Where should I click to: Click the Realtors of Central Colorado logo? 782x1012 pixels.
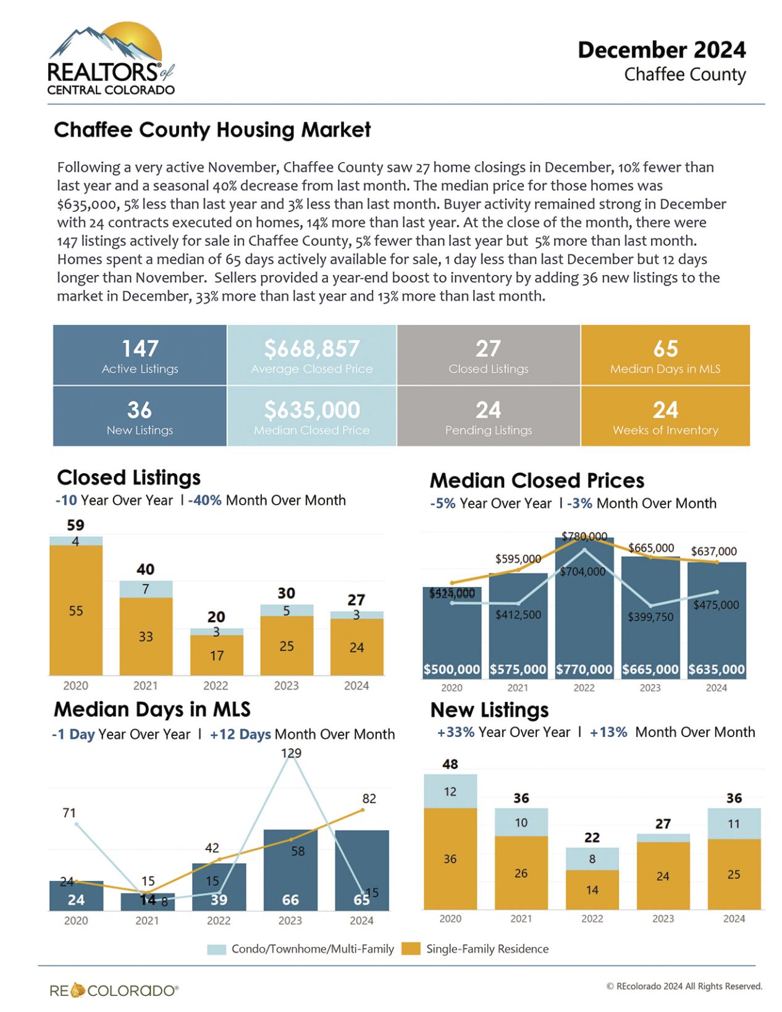[x=110, y=60]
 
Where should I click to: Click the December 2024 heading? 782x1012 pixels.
[x=661, y=50]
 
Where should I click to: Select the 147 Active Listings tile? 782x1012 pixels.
[x=140, y=355]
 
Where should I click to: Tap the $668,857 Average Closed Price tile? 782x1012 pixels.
[x=311, y=355]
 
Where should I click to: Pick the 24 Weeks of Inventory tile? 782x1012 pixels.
[x=665, y=416]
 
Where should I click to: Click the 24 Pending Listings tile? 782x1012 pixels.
[x=488, y=416]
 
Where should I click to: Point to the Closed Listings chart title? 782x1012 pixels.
[x=128, y=478]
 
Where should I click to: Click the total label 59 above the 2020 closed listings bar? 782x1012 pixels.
[x=75, y=525]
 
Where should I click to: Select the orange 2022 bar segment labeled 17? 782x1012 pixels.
[x=216, y=656]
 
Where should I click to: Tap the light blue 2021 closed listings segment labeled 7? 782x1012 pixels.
[x=146, y=589]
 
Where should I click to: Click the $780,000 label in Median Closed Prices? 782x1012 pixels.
[x=584, y=536]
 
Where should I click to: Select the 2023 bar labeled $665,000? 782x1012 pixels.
[x=650, y=618]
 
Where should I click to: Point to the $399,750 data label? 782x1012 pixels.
[x=650, y=617]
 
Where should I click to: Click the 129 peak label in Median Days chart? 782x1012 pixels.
[x=291, y=753]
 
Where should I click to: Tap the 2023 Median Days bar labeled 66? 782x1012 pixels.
[x=290, y=871]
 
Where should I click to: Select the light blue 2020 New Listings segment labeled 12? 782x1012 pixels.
[x=450, y=791]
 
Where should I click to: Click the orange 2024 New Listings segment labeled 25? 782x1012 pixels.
[x=733, y=874]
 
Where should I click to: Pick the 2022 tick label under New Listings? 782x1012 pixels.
[x=591, y=919]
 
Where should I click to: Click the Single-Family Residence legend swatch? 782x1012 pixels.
[x=410, y=948]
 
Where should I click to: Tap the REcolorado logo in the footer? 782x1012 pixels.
[x=114, y=990]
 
